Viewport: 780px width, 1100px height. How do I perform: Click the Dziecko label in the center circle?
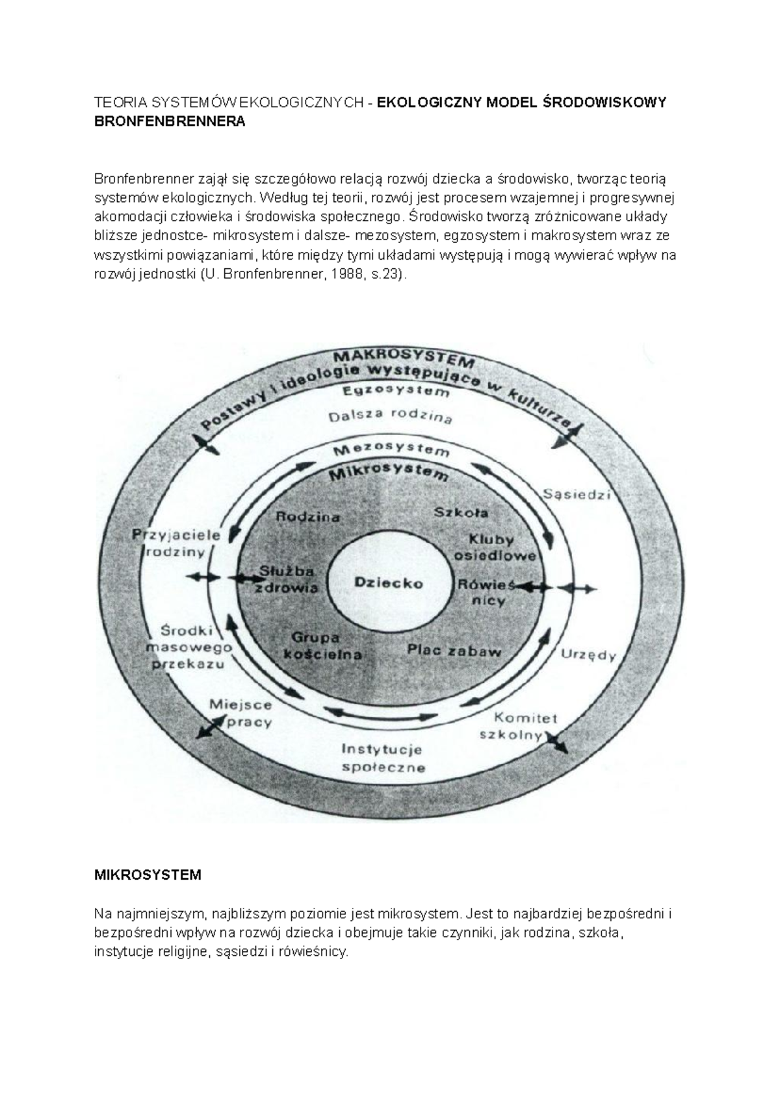[x=389, y=583]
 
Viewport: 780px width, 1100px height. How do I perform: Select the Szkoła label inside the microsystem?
[x=461, y=512]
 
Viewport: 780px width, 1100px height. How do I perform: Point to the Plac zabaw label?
[x=454, y=650]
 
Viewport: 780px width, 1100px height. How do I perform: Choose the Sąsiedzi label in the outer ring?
[x=577, y=494]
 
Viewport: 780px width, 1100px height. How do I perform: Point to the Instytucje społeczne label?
[x=382, y=758]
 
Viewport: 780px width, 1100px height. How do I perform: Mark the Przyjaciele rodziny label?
[x=177, y=544]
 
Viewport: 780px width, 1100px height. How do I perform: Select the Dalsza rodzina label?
[x=390, y=416]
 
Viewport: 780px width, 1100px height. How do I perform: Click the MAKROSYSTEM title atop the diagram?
[x=404, y=359]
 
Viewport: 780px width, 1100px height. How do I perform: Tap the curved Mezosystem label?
[x=391, y=449]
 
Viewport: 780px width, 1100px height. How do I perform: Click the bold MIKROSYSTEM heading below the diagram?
[x=148, y=875]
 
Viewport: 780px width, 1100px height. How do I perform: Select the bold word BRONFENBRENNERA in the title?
[x=170, y=121]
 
